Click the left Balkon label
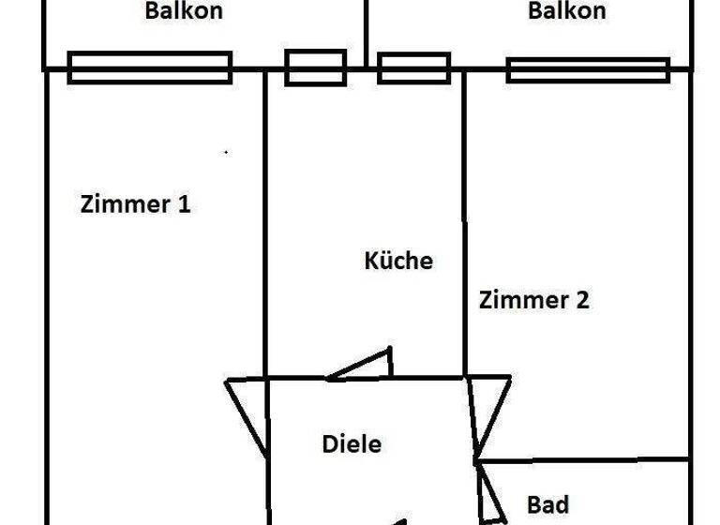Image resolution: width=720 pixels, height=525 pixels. tap(184, 12)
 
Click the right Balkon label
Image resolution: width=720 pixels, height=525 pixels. tap(566, 12)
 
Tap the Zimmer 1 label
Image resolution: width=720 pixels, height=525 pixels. tap(136, 204)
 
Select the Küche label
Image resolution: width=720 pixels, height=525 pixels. tap(398, 261)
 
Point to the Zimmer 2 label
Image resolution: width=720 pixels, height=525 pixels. tap(534, 301)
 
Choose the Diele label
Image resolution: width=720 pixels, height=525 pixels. tap(352, 443)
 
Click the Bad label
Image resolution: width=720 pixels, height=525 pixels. tap(548, 505)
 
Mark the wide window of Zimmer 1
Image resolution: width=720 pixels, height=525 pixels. tap(150, 67)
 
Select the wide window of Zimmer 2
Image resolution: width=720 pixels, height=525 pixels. tap(588, 70)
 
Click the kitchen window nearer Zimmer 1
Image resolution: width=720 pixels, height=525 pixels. tap(316, 67)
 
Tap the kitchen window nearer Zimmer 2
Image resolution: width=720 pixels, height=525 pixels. tap(413, 67)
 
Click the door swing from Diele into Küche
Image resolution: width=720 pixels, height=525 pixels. tap(367, 366)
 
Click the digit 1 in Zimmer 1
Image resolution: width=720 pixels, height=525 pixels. tap(185, 204)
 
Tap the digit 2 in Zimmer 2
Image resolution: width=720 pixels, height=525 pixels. tap(581, 301)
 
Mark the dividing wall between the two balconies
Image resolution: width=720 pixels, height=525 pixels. tap(365, 33)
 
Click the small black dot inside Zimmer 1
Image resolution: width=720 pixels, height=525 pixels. tap(226, 151)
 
